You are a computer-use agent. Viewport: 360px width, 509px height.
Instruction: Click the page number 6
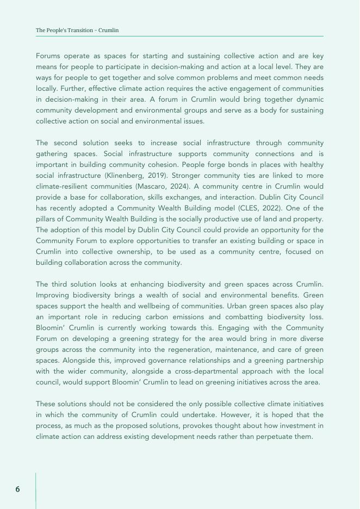tap(17, 489)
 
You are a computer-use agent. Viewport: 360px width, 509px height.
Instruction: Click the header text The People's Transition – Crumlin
tap(77, 30)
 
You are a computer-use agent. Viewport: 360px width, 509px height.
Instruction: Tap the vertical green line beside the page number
tap(36, 489)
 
